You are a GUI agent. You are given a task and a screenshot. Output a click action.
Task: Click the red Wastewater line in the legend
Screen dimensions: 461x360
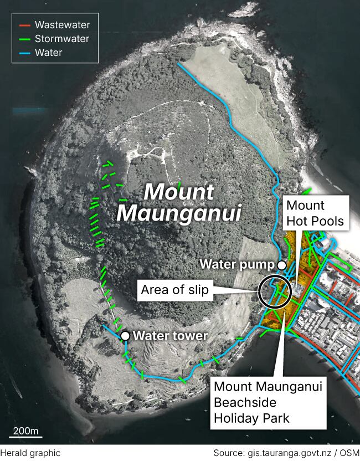25,25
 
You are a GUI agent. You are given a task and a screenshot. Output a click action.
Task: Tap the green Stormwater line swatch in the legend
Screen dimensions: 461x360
25,39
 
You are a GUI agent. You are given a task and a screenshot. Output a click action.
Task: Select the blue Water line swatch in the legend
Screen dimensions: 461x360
25,53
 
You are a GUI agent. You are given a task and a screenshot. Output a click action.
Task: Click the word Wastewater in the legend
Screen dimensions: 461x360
62,25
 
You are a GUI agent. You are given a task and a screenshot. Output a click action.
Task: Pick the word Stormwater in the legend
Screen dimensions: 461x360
61,39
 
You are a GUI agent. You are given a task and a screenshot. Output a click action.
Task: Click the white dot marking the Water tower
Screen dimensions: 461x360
126,336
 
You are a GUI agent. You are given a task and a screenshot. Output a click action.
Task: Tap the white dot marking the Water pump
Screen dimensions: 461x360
281,265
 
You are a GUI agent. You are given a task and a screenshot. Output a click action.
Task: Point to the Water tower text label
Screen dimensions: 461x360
171,336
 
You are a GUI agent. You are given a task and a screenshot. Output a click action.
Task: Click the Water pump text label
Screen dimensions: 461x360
237,264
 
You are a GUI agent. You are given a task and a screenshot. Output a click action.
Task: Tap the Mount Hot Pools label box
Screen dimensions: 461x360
315,213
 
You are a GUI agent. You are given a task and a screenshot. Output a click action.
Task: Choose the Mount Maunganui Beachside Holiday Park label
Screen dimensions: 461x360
268,401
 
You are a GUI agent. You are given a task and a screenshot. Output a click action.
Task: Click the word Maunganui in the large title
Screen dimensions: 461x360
179,212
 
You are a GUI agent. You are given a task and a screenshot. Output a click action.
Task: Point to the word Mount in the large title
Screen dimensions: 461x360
178,192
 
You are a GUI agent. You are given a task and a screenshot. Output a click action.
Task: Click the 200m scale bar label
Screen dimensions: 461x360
25,431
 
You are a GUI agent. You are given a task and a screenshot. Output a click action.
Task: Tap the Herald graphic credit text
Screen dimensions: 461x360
30,453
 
